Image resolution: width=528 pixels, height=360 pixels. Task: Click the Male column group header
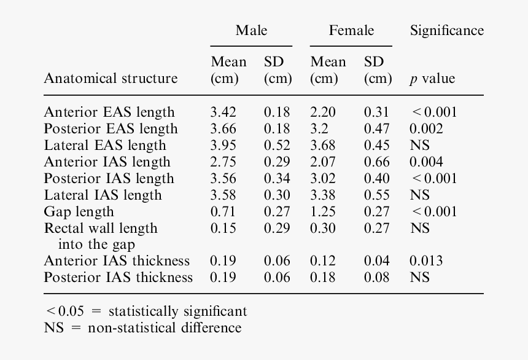click(251, 31)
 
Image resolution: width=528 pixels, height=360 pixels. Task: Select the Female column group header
click(351, 31)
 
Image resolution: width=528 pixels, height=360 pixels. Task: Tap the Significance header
click(446, 31)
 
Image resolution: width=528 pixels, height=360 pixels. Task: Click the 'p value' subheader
click(432, 79)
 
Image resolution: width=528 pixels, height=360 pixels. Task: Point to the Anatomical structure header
click(111, 79)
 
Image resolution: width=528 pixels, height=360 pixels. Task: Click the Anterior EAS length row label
click(109, 112)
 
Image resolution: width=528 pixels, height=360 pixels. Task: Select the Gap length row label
click(79, 212)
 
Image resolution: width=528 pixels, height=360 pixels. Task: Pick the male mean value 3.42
click(223, 112)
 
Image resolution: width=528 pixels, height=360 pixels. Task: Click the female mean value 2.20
click(323, 112)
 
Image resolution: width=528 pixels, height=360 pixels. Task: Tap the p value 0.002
click(426, 129)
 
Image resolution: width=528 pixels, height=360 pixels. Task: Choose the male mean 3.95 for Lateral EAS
click(223, 146)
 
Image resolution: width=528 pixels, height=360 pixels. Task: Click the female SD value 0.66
click(376, 162)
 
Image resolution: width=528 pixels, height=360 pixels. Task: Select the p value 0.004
click(426, 162)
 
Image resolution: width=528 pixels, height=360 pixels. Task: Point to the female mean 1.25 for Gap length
click(323, 212)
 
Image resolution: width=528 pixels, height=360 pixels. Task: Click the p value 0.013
click(426, 261)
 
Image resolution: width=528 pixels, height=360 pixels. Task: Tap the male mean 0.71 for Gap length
click(223, 212)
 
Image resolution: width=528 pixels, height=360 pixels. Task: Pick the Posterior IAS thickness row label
click(118, 278)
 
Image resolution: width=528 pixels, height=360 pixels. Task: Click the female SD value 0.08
click(376, 278)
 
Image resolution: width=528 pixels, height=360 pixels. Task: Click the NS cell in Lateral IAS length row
click(420, 195)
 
